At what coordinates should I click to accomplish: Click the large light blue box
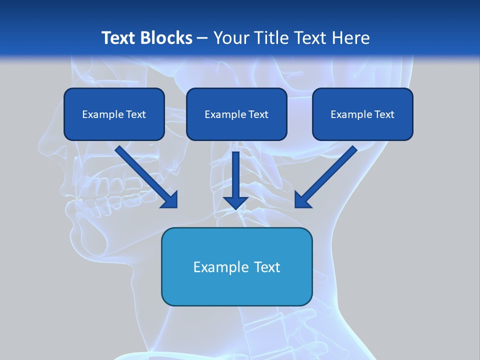tap(236, 287)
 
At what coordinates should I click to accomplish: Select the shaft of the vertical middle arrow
tap(235, 172)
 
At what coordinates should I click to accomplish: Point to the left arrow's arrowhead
tap(170, 200)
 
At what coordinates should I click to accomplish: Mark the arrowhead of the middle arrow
tap(235, 202)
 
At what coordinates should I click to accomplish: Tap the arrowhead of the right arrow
tap(302, 200)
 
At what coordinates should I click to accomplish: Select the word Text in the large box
tap(266, 267)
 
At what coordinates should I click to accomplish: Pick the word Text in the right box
tap(384, 114)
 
